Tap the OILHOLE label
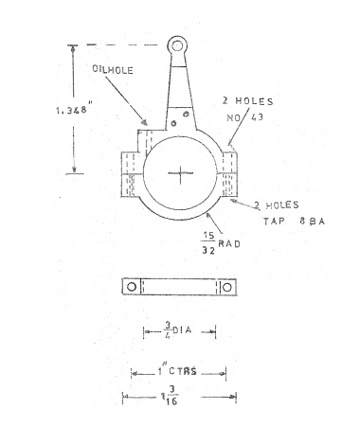click(113, 70)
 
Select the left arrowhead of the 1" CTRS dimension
click(133, 373)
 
